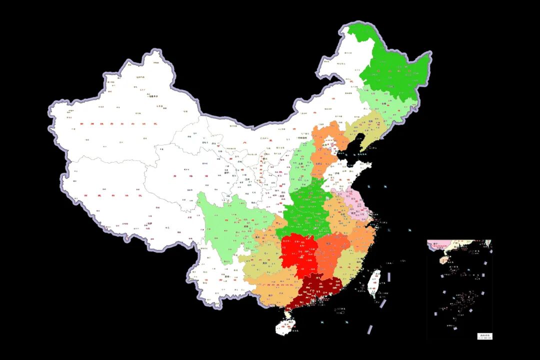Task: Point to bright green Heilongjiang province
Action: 395,75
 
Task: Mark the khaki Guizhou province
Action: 262,260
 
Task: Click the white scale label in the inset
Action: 484,336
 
